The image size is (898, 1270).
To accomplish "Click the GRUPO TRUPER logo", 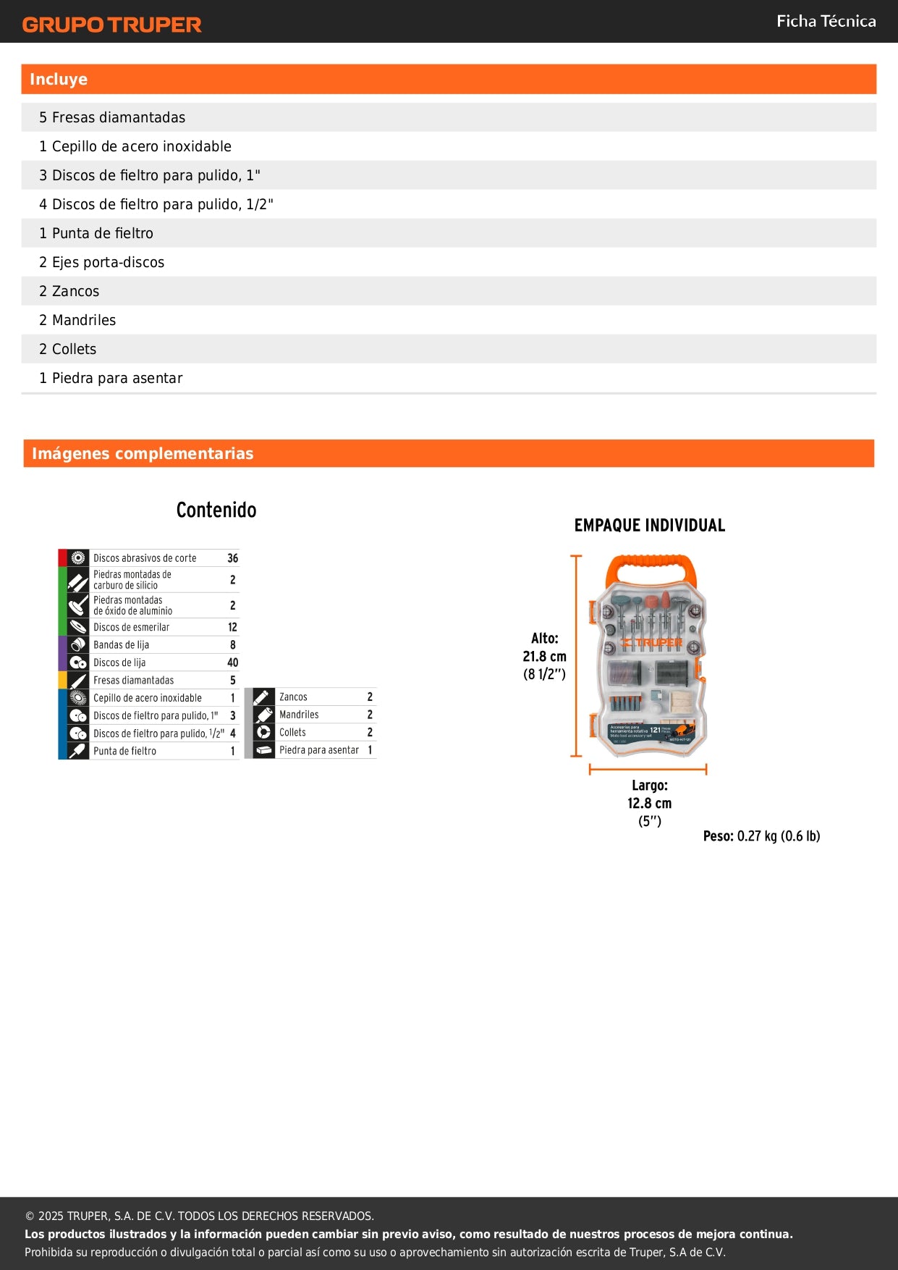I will click(111, 25).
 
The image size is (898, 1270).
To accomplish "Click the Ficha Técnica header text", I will click(826, 21).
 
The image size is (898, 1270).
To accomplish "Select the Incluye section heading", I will click(59, 80).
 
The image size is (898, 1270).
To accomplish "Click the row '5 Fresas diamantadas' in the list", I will click(112, 117).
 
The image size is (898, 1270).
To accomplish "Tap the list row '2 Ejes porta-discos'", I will click(102, 262).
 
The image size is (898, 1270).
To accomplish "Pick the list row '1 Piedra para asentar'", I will click(111, 378).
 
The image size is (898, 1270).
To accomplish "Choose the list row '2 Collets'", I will click(68, 349).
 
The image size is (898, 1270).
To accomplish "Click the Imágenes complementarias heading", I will click(143, 454).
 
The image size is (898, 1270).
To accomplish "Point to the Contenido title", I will click(216, 510).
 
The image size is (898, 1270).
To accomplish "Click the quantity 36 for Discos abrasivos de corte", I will click(232, 558).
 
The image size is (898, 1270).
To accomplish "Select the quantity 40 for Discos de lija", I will click(232, 663).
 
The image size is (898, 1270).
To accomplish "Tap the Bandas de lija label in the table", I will click(121, 645).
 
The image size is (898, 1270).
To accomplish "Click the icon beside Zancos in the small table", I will click(263, 697).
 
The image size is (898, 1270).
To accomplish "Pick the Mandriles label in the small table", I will click(299, 715).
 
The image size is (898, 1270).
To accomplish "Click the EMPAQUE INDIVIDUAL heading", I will click(649, 526).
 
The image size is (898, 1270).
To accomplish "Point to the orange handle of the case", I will click(648, 565).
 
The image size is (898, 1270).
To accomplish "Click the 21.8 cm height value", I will click(544, 657).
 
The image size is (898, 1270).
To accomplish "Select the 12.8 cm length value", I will click(649, 803).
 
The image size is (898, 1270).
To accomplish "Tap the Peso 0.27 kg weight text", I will click(761, 836).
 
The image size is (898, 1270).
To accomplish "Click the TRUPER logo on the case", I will click(653, 642).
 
